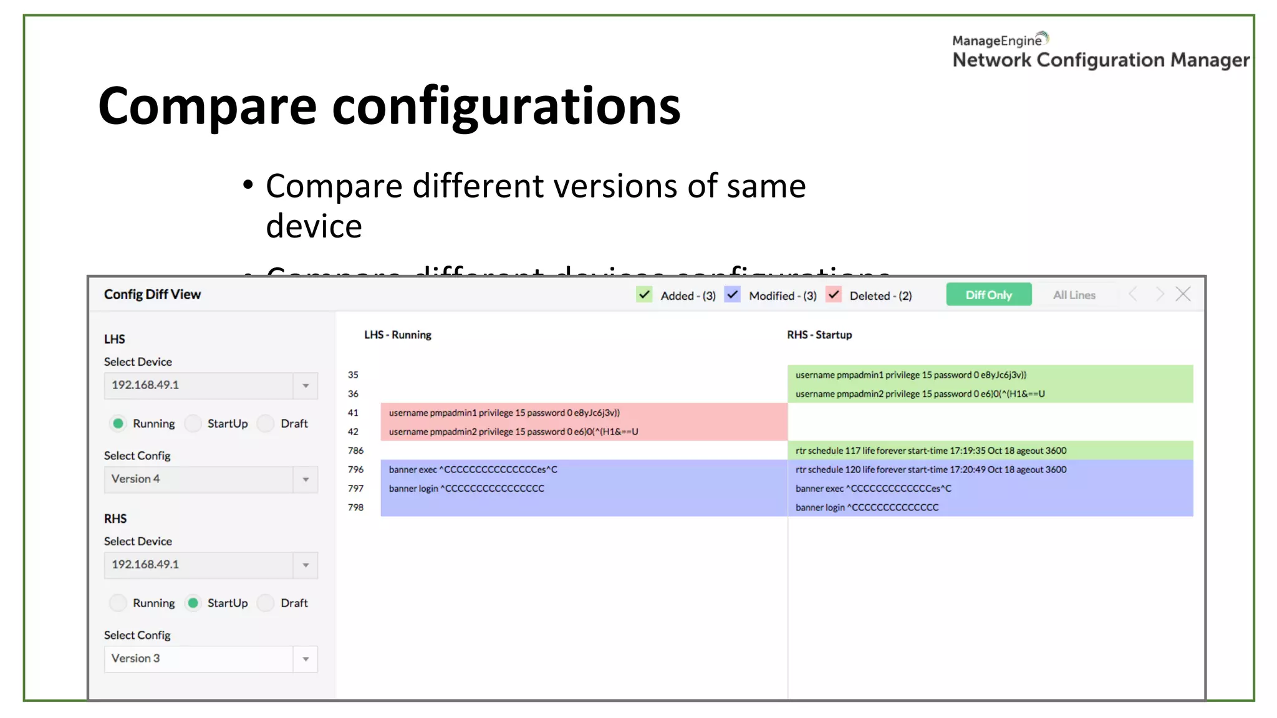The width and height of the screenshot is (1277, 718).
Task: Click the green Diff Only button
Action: [x=988, y=295]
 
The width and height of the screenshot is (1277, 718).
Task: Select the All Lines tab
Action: [x=1074, y=295]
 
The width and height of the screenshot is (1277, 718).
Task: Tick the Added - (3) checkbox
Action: [x=644, y=294]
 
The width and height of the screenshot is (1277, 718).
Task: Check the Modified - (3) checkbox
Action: [x=733, y=294]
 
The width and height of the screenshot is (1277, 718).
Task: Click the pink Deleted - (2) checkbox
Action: [x=834, y=294]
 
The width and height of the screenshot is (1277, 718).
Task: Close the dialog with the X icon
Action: [x=1183, y=294]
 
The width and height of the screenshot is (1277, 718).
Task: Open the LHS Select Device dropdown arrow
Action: [x=306, y=386]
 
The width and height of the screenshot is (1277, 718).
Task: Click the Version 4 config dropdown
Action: [x=211, y=479]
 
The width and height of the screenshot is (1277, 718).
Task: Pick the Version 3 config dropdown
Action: [x=211, y=659]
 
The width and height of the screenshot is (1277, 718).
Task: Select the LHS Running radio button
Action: [x=118, y=424]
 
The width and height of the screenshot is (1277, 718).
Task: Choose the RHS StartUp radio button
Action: [x=193, y=603]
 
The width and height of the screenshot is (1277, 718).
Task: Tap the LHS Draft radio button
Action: [x=266, y=424]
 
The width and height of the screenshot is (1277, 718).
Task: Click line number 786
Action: [x=355, y=451]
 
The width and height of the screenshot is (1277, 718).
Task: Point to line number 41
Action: [x=353, y=413]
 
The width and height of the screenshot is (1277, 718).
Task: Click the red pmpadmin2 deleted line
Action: [x=513, y=431]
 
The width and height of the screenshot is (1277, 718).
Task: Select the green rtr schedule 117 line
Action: [x=930, y=451]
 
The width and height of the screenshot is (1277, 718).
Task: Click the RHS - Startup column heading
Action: [x=819, y=335]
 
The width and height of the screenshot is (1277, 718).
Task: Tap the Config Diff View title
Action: [x=152, y=294]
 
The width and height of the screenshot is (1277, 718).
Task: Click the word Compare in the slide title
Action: [x=207, y=106]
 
